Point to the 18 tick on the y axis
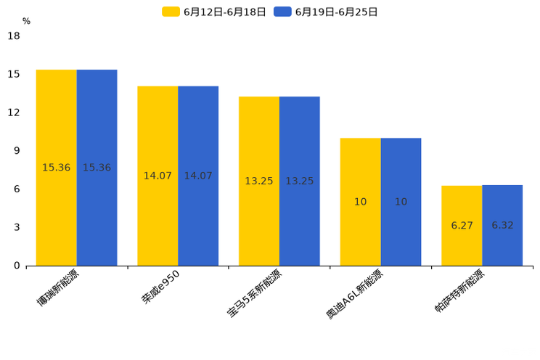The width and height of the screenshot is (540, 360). [x=14, y=36]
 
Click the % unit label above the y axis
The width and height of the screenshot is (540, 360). [x=26, y=22]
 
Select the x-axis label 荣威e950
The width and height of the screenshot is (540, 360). [x=160, y=287]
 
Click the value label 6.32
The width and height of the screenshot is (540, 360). [x=502, y=225]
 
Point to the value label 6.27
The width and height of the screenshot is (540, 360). [x=462, y=225]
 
